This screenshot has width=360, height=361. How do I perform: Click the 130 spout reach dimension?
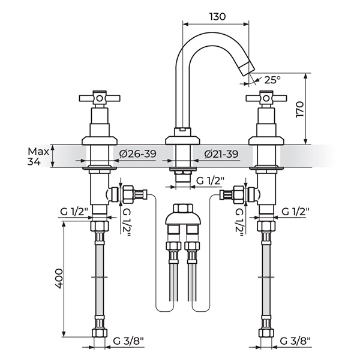coord(217,17)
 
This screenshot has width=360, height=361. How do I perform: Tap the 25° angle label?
coord(272,80)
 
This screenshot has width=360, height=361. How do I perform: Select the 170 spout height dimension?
coord(300,109)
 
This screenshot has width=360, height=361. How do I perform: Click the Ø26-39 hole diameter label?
coord(138,154)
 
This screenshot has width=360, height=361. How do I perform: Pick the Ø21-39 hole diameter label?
coord(221,154)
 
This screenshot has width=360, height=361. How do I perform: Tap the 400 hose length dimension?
coord(59,278)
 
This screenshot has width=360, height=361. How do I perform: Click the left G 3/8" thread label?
coord(128,341)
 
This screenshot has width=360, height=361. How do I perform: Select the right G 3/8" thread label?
coord(295,341)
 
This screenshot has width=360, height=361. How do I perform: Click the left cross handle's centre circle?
coord(100,98)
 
